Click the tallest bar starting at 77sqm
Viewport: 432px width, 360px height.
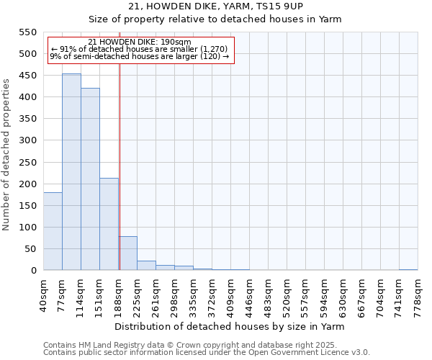(x=71, y=172)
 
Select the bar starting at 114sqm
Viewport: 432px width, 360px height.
(x=90, y=179)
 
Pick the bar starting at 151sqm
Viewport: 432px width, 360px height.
(x=109, y=224)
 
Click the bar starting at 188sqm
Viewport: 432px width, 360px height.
(x=127, y=253)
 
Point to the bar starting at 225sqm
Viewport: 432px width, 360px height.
(x=146, y=266)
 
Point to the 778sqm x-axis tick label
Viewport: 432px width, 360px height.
(x=418, y=294)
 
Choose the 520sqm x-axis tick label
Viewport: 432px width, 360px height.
(x=287, y=294)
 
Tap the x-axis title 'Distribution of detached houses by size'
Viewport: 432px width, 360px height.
(x=230, y=326)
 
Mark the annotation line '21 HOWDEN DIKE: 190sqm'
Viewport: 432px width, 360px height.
(x=140, y=42)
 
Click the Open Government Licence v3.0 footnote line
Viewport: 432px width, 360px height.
(x=207, y=352)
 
